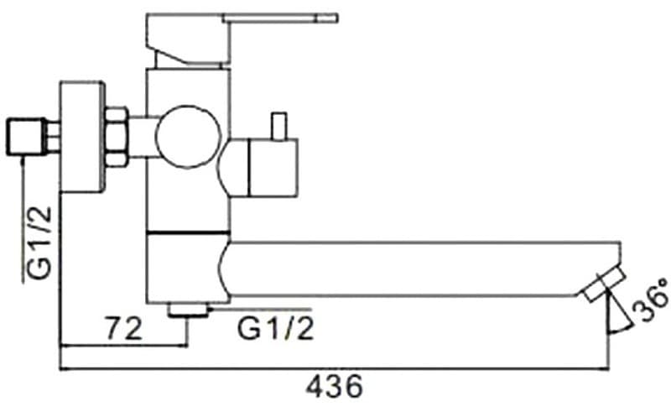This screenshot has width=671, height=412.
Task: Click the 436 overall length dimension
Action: click(334, 387)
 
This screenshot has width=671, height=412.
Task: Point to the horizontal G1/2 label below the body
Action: click(276, 328)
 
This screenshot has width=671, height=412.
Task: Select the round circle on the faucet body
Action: click(189, 138)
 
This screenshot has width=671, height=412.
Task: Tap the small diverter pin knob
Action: click(277, 126)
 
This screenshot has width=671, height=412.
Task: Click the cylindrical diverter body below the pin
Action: click(264, 167)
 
